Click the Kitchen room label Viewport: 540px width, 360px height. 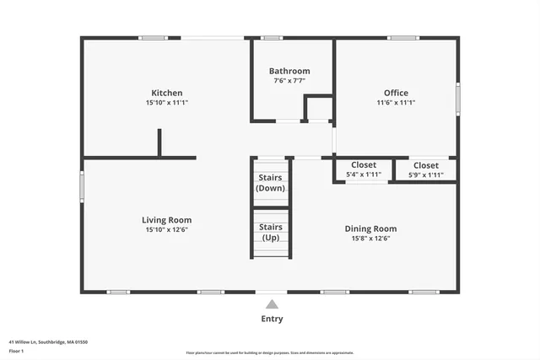click(167, 93)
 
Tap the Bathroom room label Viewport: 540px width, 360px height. click(289, 71)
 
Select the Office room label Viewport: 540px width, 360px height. click(396, 93)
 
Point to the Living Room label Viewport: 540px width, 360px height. click(167, 220)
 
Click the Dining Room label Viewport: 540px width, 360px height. click(370, 228)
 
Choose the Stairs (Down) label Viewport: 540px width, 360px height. click(271, 183)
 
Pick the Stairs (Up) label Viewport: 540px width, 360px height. click(271, 232)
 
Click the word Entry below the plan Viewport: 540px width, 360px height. click(272, 319)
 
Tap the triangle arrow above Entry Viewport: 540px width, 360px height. click(272, 304)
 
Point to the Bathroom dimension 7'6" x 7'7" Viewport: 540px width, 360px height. click(289, 81)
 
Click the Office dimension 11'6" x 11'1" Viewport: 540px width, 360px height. click(396, 102)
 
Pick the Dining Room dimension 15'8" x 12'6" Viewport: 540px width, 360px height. click(370, 238)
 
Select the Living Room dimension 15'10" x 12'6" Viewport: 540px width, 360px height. click(167, 229)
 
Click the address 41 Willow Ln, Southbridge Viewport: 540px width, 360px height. click(48, 342)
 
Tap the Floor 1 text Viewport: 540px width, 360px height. click(16, 351)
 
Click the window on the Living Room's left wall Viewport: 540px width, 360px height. click(82, 185)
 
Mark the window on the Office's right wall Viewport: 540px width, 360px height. click(458, 97)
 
